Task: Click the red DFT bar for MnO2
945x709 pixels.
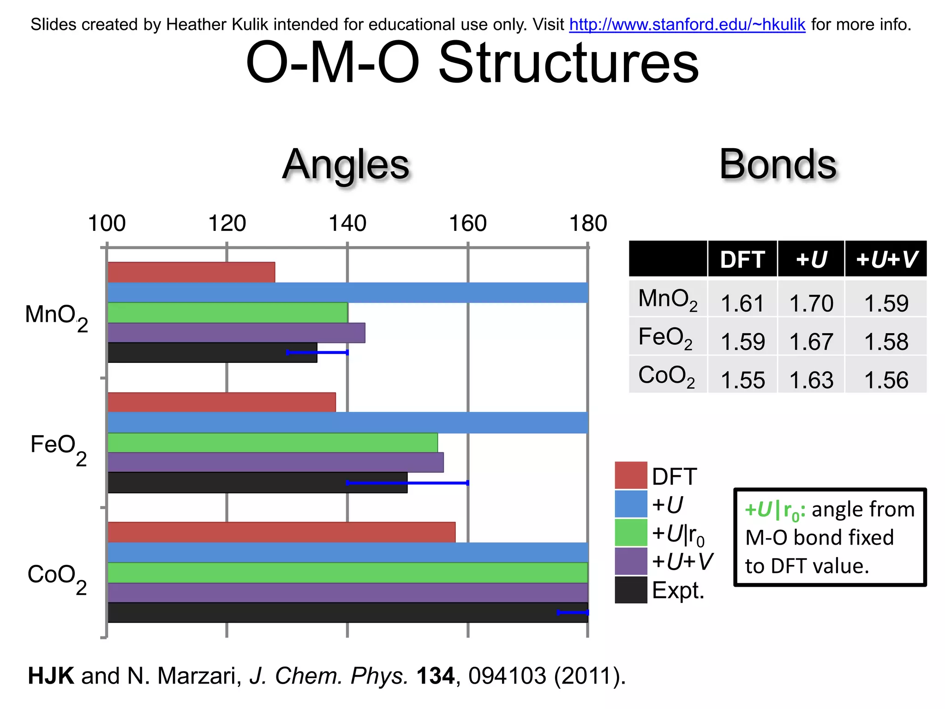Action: (191, 272)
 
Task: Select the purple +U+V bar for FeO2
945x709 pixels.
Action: (275, 463)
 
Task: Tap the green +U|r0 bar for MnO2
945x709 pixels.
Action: (227, 312)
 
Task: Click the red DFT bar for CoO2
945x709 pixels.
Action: (281, 532)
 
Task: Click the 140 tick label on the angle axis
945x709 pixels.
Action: (347, 224)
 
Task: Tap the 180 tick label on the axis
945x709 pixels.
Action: (588, 224)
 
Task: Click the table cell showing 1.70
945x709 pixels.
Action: (811, 303)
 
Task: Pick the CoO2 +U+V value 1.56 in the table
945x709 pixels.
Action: (886, 380)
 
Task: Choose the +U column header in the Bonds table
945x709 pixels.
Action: (811, 259)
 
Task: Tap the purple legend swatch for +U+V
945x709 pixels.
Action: (631, 561)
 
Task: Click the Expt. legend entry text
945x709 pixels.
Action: (678, 590)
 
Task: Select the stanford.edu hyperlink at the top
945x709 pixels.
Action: (687, 24)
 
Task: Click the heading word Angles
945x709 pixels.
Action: (346, 165)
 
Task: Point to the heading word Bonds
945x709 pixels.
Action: (778, 165)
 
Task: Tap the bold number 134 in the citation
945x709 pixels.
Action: (435, 676)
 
